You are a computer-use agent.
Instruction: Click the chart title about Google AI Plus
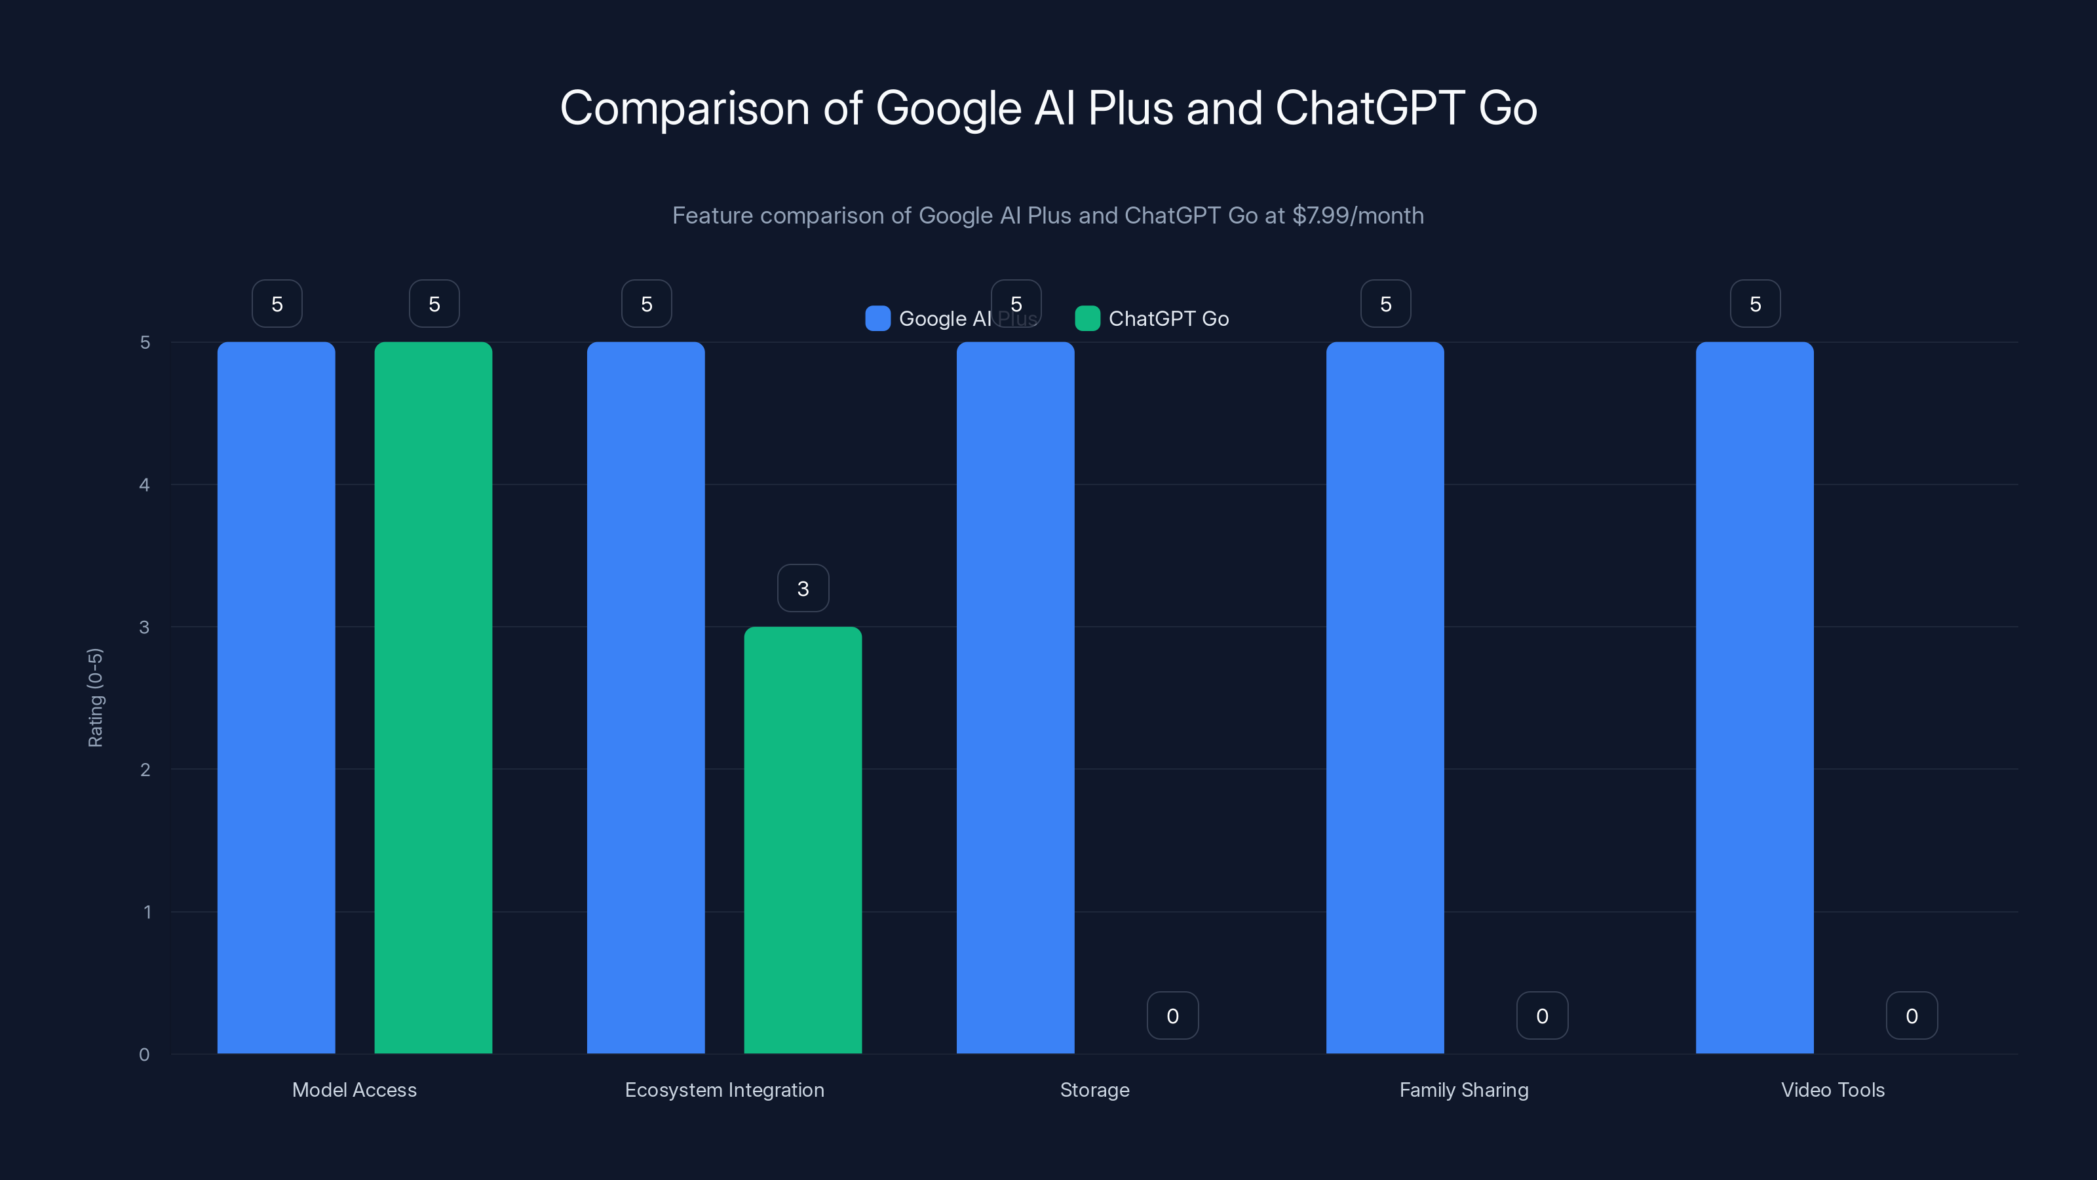click(1048, 108)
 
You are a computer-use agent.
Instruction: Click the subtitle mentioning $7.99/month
click(1048, 216)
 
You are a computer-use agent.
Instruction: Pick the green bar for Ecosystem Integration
click(803, 840)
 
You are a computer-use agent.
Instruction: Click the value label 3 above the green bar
click(803, 588)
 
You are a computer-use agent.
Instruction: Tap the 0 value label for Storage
click(1172, 1015)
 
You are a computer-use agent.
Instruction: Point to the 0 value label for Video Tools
click(1912, 1015)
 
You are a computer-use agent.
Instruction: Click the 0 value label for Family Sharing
click(1542, 1015)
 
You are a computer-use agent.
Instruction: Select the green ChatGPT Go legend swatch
click(1088, 319)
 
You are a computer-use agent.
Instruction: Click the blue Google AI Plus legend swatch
click(877, 319)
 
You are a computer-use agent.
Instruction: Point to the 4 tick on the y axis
click(144, 485)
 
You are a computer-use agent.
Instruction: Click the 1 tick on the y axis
click(147, 912)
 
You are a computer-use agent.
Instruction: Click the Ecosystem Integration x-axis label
click(725, 1090)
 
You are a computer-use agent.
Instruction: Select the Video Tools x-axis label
click(1832, 1090)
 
